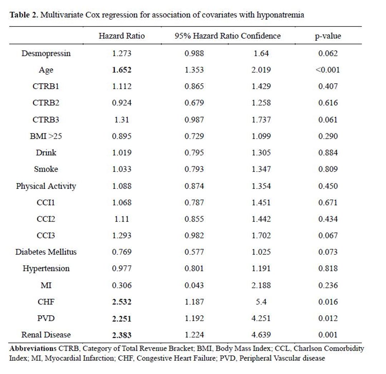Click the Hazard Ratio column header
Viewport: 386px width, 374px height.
[122, 36]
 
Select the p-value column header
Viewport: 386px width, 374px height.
[328, 36]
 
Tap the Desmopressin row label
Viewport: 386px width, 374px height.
[46, 53]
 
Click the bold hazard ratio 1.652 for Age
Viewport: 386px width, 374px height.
[122, 70]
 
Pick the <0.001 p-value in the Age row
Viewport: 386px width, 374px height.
[328, 70]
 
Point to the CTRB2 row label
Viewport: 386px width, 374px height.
[46, 103]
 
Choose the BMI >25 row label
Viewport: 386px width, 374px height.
[46, 136]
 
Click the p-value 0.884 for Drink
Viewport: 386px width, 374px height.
[328, 153]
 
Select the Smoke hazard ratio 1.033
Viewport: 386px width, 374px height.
[122, 169]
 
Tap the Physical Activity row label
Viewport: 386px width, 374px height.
[46, 186]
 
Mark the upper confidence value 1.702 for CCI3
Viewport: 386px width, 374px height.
[261, 235]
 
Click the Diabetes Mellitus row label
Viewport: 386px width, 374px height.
[46, 252]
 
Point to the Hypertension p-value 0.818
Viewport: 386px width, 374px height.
[328, 269]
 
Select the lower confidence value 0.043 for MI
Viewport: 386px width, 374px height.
[194, 285]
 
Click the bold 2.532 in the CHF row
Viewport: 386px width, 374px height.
[122, 302]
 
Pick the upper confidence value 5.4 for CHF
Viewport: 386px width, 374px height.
[261, 302]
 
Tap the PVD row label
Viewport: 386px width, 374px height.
[46, 318]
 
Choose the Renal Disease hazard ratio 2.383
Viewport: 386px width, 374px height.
[122, 335]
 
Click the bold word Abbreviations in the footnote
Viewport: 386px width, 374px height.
[33, 349]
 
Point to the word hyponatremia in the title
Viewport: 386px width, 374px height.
[281, 15]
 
